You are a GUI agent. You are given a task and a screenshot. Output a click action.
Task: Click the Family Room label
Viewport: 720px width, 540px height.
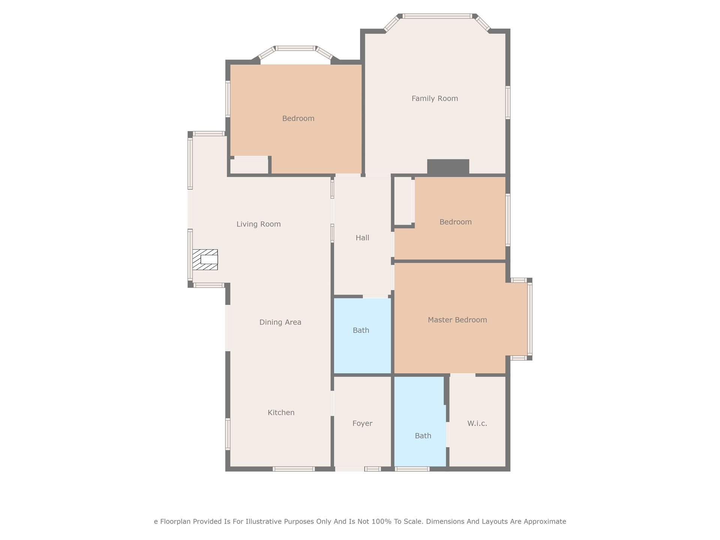[x=435, y=99]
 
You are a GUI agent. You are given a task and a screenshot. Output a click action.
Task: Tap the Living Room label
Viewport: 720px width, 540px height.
[x=258, y=224]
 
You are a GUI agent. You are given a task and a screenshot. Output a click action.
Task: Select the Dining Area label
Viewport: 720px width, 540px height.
[x=280, y=322]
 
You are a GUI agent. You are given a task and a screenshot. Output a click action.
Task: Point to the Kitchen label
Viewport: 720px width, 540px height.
[x=281, y=412]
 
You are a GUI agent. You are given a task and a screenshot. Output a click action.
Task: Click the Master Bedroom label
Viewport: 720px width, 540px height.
[x=457, y=320]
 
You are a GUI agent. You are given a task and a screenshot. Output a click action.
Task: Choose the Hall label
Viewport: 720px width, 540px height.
[x=362, y=238]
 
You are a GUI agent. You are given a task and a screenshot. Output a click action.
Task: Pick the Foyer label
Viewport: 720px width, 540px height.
[x=362, y=423]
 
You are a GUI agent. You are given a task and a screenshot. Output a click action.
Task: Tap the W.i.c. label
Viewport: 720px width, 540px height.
[x=477, y=423]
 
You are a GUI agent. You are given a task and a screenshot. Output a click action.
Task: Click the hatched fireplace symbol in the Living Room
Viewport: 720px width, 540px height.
[x=205, y=259]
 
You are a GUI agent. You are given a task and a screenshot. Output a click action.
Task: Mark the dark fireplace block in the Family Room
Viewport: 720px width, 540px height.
[x=448, y=166]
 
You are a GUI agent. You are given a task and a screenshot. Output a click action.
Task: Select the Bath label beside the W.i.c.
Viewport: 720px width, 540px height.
[x=423, y=436]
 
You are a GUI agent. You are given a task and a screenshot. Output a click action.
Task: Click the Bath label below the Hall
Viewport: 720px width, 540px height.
[x=361, y=330]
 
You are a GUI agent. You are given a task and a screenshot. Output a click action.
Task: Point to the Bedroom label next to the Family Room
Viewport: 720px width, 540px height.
[x=298, y=118]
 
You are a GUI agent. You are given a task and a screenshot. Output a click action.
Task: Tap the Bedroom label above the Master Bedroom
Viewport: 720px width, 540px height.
[x=456, y=222]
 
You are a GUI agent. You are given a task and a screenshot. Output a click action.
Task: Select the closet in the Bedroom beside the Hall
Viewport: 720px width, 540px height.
[x=403, y=201]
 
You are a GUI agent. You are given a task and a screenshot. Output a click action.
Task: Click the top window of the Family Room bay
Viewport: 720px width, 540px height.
[x=437, y=16]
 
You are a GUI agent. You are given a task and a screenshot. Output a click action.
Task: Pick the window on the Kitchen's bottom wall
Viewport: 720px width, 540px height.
[x=294, y=469]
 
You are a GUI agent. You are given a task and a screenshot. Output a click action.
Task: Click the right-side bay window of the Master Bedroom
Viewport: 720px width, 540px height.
[x=530, y=319]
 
